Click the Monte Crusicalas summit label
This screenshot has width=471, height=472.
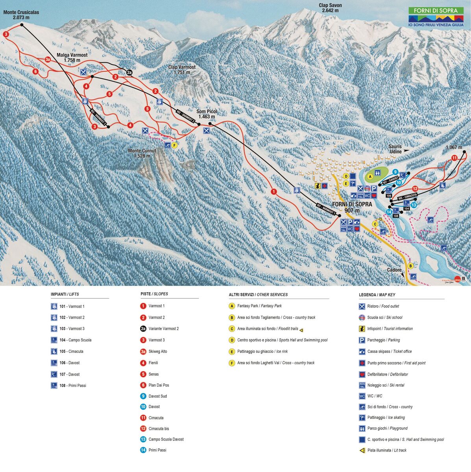click(21, 15)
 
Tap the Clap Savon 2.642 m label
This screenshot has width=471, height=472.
click(330, 8)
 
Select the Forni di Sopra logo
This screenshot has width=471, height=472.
click(436, 17)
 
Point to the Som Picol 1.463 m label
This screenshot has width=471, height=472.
click(207, 114)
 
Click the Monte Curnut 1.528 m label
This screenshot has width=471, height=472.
click(142, 153)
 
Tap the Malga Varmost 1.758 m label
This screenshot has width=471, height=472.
click(72, 58)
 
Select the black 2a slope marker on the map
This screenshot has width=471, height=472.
click(129, 72)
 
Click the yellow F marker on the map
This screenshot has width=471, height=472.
click(175, 145)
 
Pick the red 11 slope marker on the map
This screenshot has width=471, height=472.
click(454, 158)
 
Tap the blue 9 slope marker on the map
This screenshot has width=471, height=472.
click(395, 172)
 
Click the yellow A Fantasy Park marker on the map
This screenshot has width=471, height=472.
click(370, 177)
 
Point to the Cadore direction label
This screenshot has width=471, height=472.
click(394, 270)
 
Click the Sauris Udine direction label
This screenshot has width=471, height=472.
click(395, 149)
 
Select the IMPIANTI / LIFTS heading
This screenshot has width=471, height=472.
click(65, 294)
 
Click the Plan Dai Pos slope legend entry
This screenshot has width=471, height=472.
click(159, 385)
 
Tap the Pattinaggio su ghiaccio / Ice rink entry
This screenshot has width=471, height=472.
click(262, 351)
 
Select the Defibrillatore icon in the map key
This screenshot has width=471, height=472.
click(362, 374)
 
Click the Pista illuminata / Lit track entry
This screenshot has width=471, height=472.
click(386, 450)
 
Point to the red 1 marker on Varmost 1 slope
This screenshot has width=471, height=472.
click(273, 192)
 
